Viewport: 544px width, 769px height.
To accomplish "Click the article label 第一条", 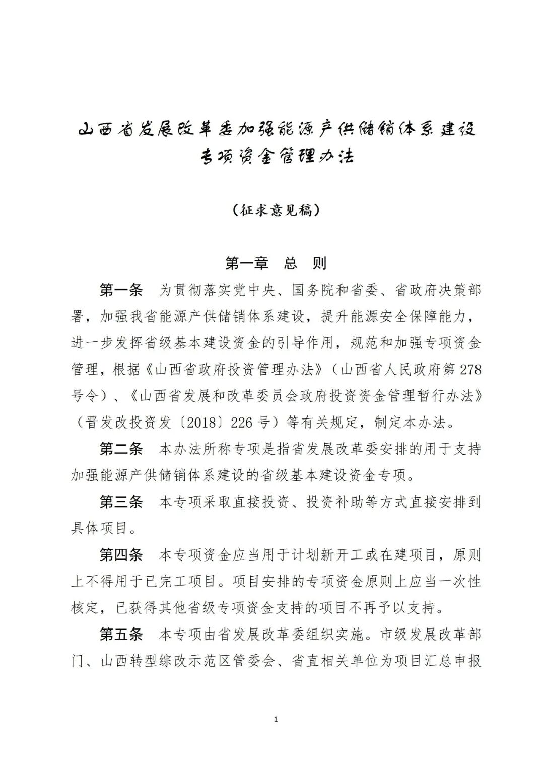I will click(x=121, y=290).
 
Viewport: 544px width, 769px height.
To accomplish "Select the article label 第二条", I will click(x=121, y=448).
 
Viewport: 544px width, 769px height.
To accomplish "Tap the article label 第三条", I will click(x=121, y=502).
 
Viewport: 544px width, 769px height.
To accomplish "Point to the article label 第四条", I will click(x=121, y=554).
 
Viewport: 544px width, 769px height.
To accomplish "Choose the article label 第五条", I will click(x=121, y=634).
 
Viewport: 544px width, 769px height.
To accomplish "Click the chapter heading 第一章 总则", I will click(x=276, y=263).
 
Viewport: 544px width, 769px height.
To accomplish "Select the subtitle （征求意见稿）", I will click(x=277, y=210).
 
